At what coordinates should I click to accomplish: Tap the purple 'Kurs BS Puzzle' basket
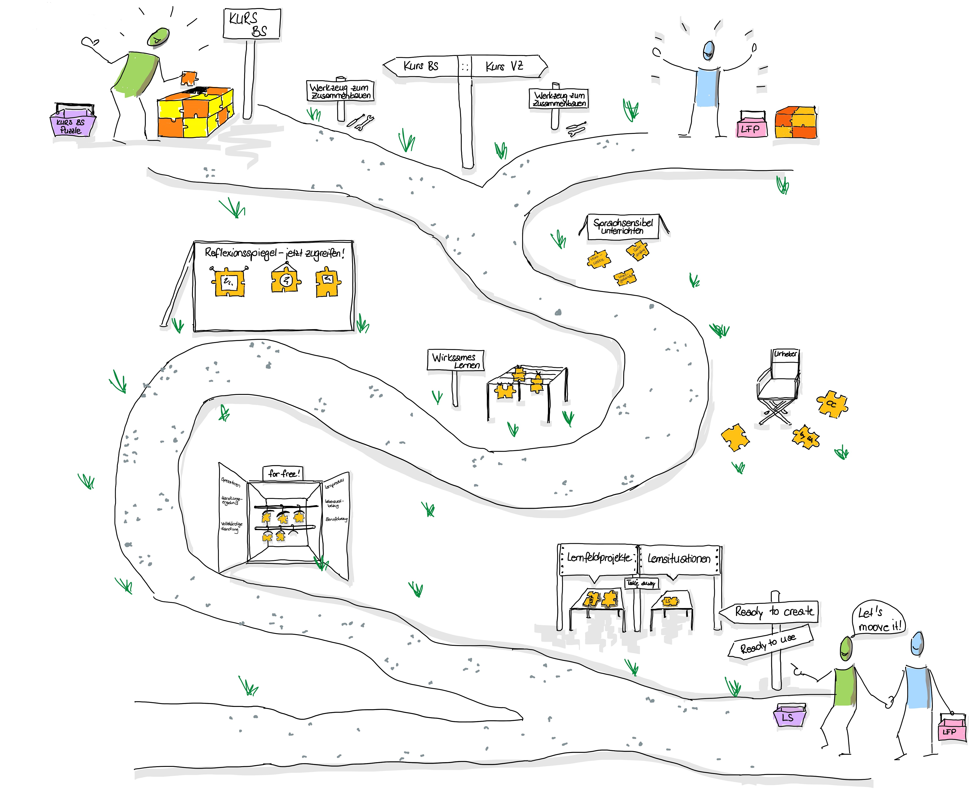tap(72, 124)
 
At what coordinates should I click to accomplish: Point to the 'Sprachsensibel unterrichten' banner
tap(623, 226)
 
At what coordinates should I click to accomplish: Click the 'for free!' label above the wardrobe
tap(283, 473)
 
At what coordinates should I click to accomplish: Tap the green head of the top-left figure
tap(158, 36)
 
